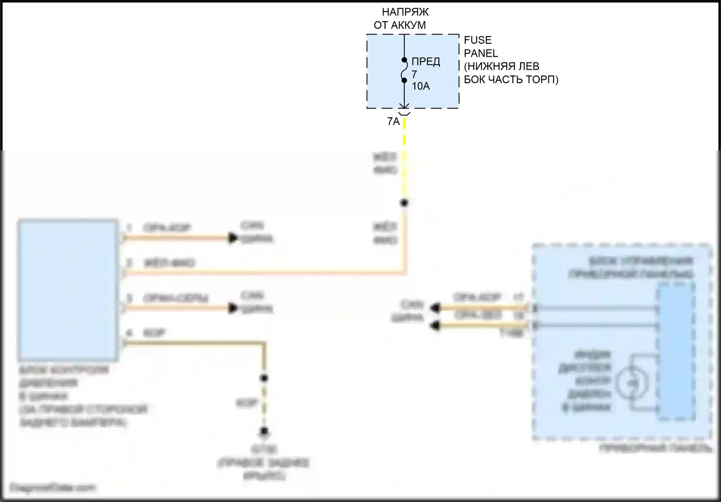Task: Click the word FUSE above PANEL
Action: click(477, 40)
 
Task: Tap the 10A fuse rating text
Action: click(421, 87)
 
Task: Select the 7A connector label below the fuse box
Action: click(393, 122)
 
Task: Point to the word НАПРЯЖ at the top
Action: click(405, 13)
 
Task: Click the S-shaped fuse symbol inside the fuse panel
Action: click(404, 70)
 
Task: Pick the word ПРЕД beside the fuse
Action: click(425, 62)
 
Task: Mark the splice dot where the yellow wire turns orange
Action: click(404, 203)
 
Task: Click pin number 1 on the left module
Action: click(129, 227)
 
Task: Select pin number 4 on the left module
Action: click(129, 333)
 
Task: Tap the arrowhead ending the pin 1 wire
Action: click(234, 238)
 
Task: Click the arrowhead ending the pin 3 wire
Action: click(234, 308)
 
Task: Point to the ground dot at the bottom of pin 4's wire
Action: click(263, 431)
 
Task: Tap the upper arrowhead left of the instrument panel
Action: click(435, 307)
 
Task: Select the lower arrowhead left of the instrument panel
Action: click(435, 326)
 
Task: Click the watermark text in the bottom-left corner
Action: click(52, 488)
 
